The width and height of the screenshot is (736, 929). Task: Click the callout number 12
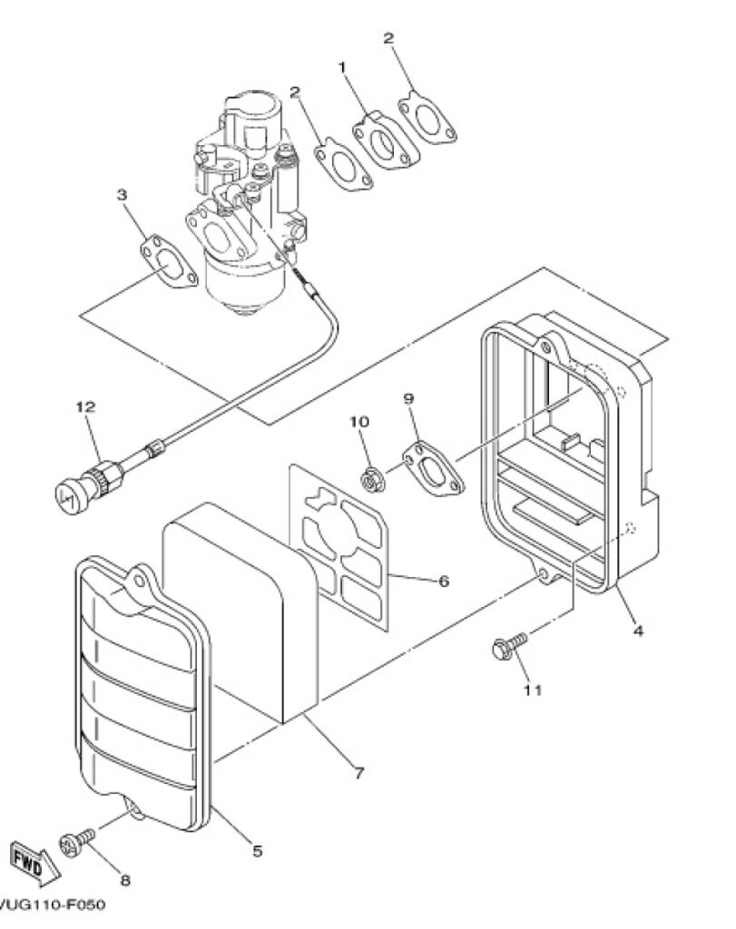pos(85,407)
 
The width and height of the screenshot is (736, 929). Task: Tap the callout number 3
pos(122,194)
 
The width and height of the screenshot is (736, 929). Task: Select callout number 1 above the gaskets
pos(342,67)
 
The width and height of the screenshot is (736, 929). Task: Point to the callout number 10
pos(359,422)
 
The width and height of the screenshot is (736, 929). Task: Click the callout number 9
pos(409,399)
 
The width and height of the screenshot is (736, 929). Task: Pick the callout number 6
pos(443,582)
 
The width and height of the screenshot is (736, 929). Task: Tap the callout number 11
pos(532,689)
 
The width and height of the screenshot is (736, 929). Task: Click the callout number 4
pos(638,631)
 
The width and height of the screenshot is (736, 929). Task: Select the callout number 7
pos(358,773)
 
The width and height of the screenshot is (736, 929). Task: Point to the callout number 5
pos(257,851)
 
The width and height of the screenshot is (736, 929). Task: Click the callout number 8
pos(125,880)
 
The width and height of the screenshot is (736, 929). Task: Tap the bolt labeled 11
pos(509,645)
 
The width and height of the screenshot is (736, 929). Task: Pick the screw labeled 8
pos(77,842)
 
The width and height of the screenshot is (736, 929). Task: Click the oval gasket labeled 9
pos(434,469)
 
